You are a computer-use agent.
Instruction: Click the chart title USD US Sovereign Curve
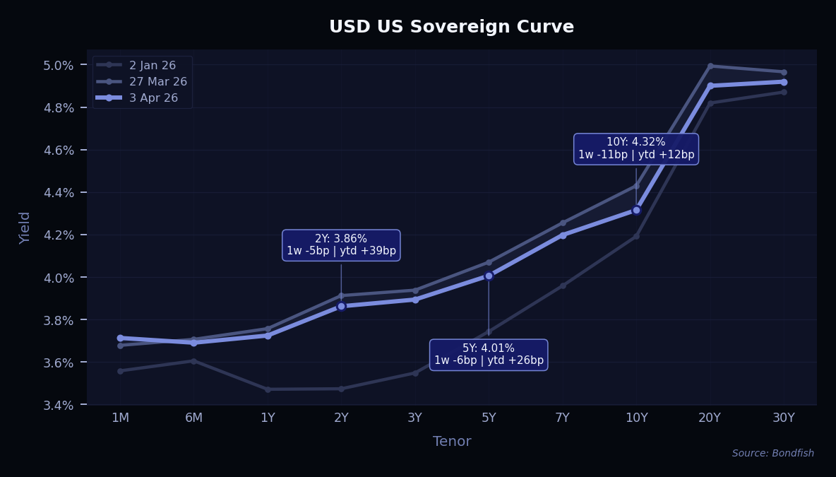coord(451,27)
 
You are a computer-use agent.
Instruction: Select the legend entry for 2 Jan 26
coord(152,65)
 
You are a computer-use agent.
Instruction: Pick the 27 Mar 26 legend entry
coord(157,81)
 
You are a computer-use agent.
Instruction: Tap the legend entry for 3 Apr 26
coord(153,98)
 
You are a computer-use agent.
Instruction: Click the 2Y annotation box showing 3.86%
coord(341,245)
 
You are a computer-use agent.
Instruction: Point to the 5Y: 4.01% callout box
coord(489,354)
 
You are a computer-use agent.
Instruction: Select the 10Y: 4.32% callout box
coord(636,148)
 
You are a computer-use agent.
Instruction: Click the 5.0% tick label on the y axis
coord(59,65)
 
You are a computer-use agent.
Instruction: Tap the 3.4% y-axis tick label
coord(59,405)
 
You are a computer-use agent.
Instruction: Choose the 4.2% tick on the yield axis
coord(59,235)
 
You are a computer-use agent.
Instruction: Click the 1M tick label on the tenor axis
coord(120,418)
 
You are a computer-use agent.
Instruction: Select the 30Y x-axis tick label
coord(784,418)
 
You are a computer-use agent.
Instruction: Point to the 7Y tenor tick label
coord(563,418)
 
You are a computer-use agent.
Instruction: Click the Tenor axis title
coord(452,442)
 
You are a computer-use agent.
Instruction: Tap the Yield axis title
coord(25,227)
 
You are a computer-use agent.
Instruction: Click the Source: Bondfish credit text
coord(772,454)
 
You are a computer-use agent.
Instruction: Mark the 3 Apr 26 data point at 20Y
coord(710,86)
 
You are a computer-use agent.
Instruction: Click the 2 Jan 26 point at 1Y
coord(268,389)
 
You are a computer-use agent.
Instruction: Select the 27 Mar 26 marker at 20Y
coord(710,66)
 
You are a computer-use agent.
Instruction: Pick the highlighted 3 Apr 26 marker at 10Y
coord(636,210)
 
